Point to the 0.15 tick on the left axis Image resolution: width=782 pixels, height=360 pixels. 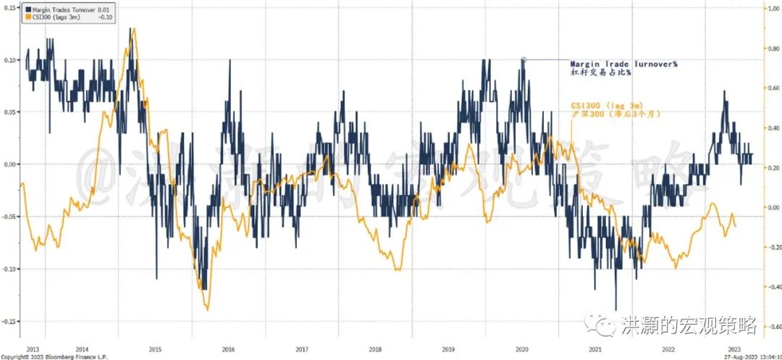[x=9, y=8]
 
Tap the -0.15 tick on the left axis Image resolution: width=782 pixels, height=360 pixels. [x=9, y=321]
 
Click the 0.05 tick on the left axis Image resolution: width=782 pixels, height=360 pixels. [x=9, y=112]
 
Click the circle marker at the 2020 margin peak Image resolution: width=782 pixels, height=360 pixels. [x=523, y=60]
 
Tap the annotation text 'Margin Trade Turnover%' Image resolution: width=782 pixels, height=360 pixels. [x=623, y=64]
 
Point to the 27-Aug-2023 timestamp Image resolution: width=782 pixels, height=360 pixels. [x=747, y=356]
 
